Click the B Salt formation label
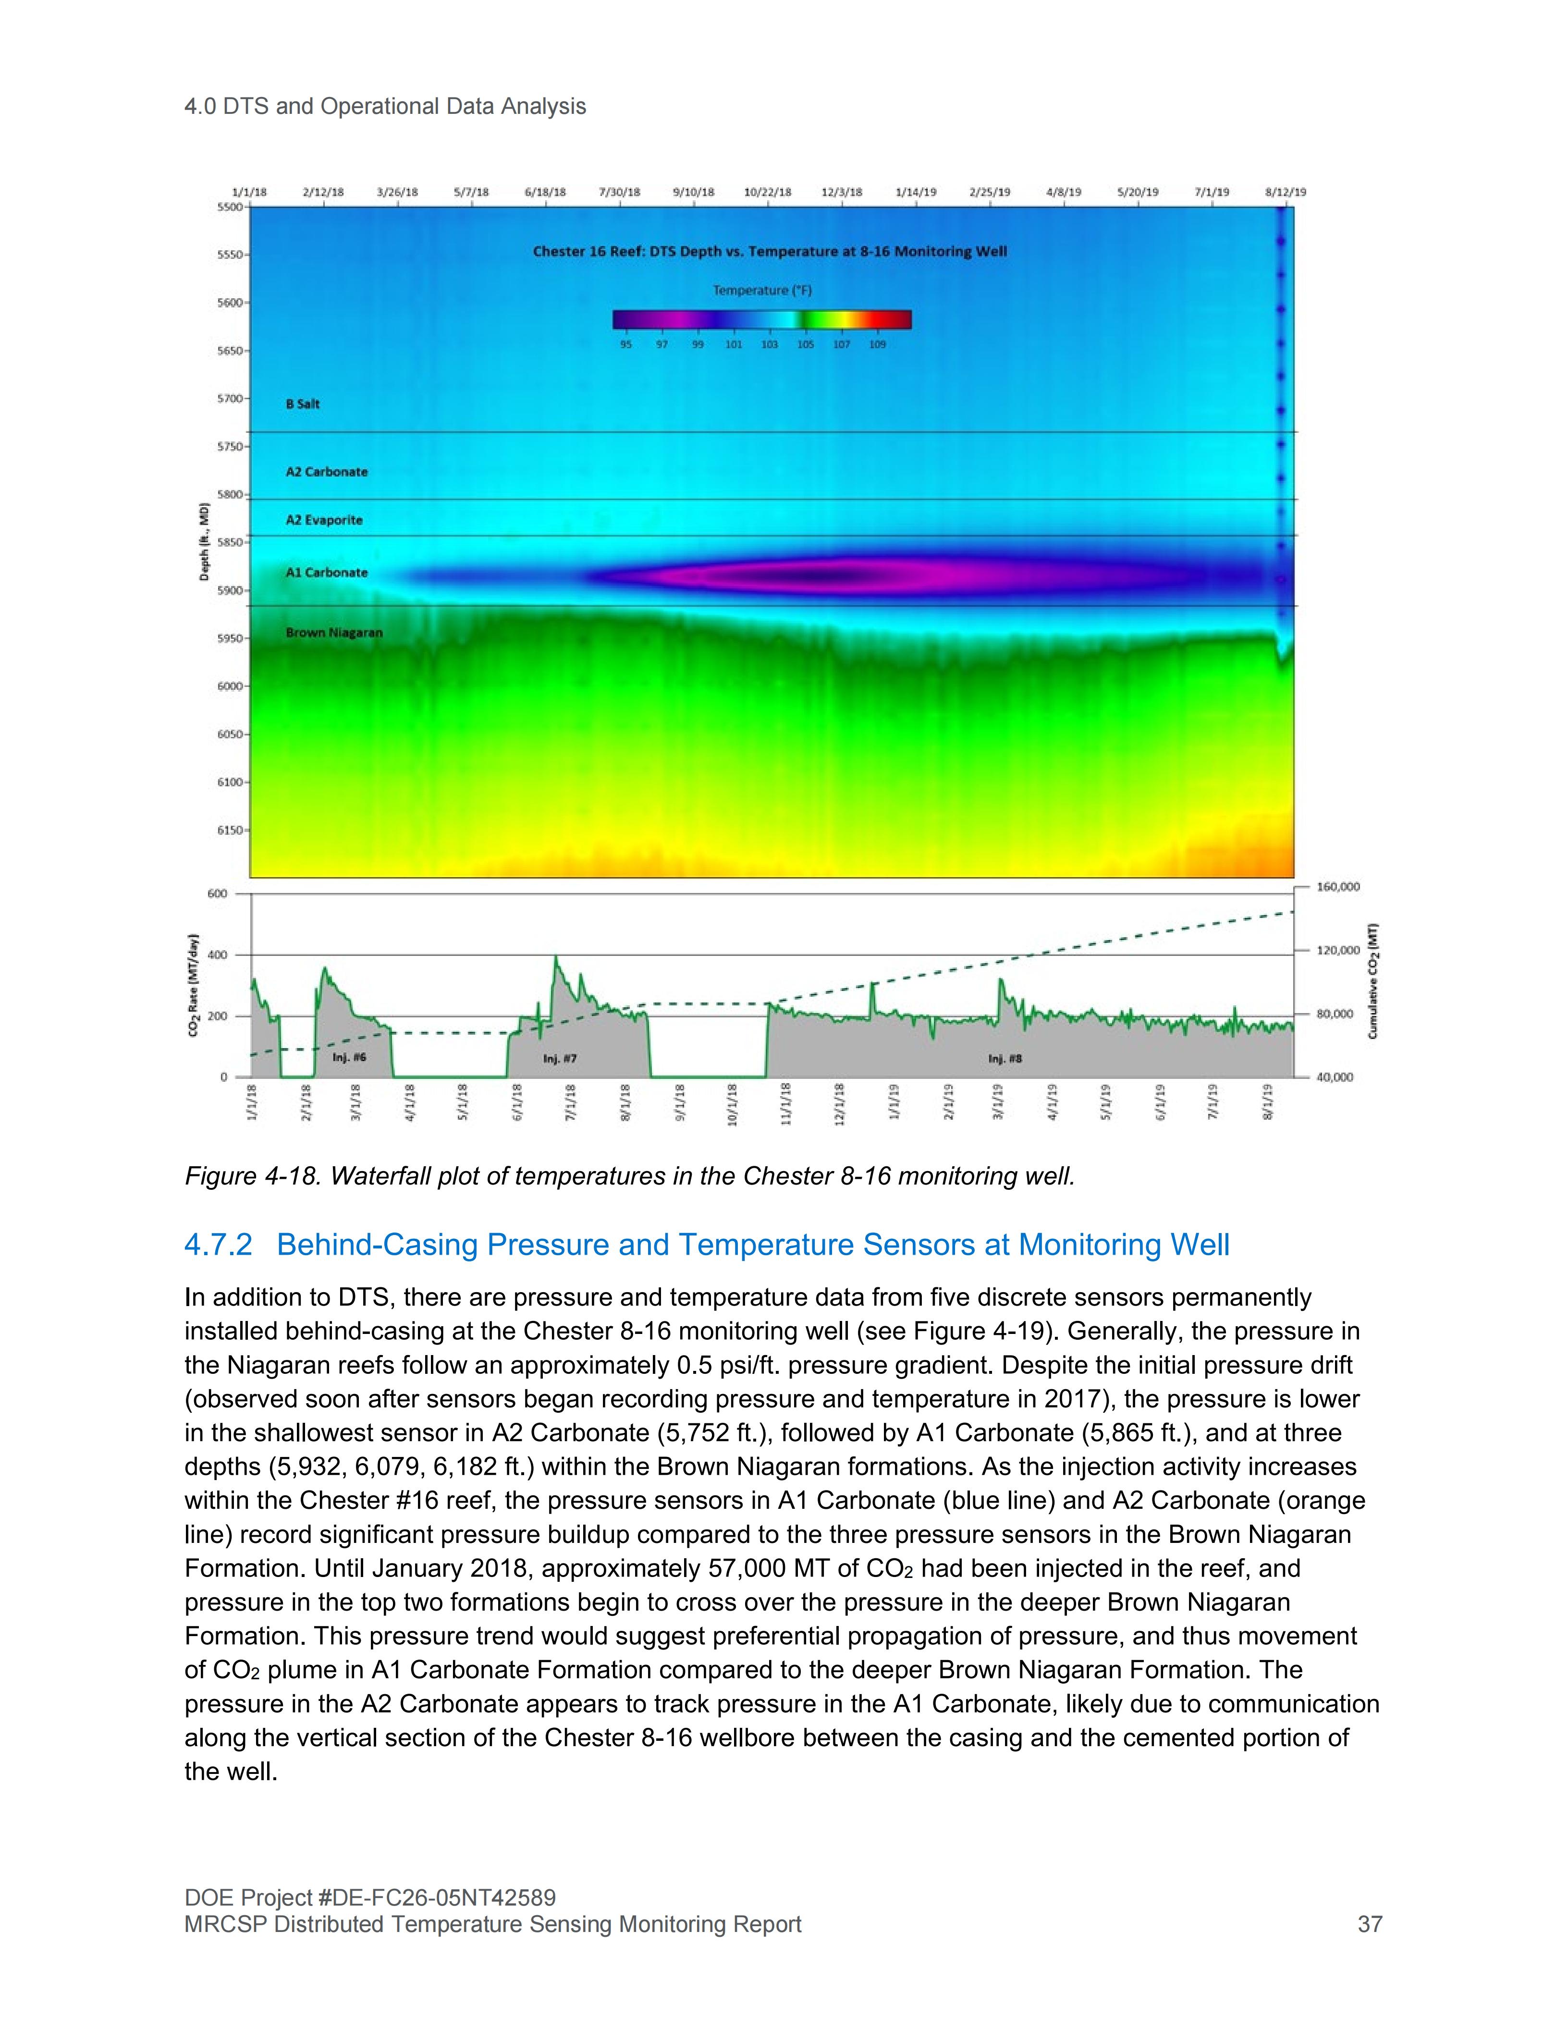(x=303, y=404)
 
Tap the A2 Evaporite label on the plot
(x=324, y=520)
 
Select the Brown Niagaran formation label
(x=333, y=633)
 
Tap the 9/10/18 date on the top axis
(x=693, y=192)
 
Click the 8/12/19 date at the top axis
(x=1286, y=192)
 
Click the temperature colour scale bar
(x=762, y=319)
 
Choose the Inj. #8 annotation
(x=1005, y=1058)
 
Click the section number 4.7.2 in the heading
(x=218, y=1245)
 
